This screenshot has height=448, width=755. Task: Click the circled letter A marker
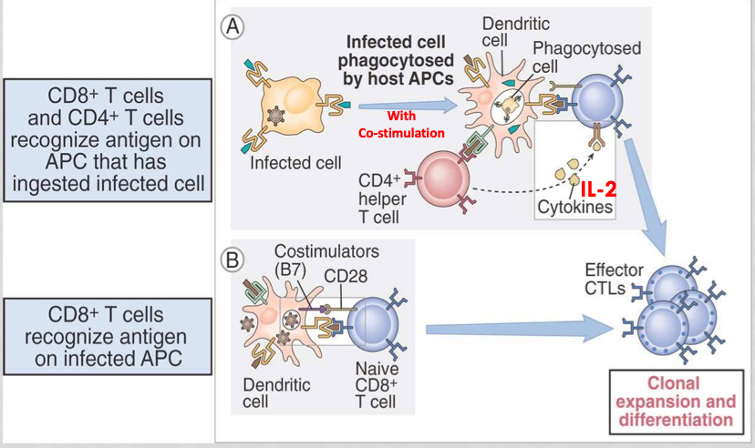234,26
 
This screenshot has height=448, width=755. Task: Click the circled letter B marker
234,259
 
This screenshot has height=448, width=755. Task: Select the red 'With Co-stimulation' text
402,125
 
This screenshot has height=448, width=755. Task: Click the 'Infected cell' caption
296,163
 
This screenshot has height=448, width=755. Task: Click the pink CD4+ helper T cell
442,178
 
